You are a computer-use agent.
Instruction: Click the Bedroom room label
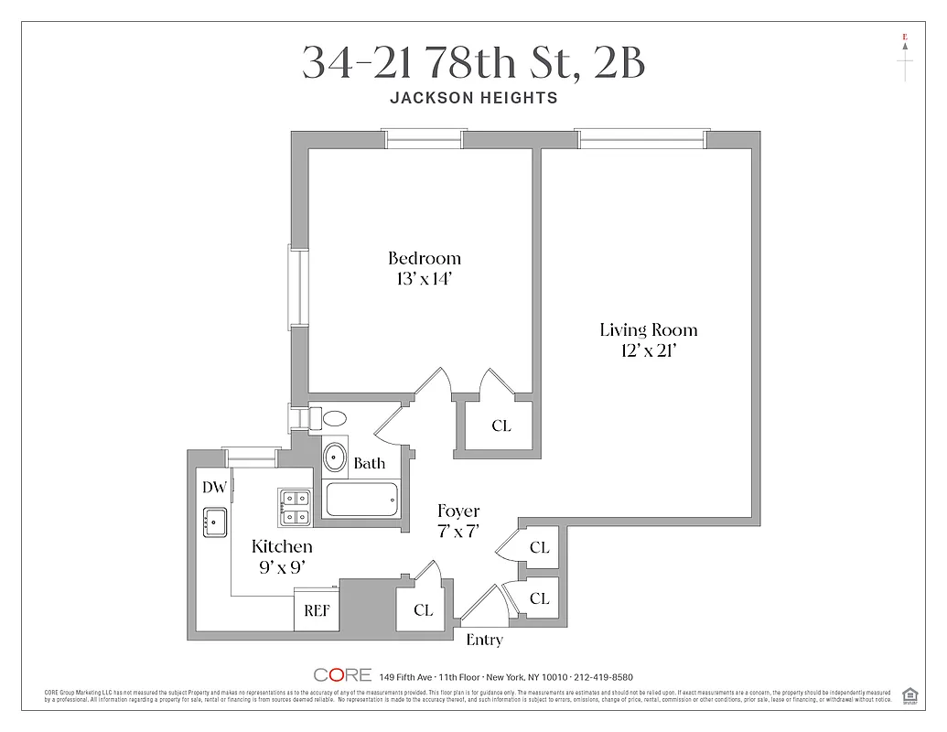(424, 258)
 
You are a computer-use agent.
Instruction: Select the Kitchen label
(282, 546)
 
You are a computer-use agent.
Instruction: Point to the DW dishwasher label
(213, 488)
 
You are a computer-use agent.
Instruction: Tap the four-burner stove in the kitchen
(296, 507)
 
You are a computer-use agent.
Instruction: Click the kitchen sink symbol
(214, 522)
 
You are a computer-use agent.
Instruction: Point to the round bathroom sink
(336, 455)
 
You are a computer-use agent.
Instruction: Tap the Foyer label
(457, 511)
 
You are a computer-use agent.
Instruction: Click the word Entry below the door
(484, 640)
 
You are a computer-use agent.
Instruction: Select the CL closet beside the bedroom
(500, 425)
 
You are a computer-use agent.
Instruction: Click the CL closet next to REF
(423, 610)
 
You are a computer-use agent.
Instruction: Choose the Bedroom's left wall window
(297, 286)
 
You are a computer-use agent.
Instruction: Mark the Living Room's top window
(642, 138)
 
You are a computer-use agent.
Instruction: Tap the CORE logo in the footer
(342, 674)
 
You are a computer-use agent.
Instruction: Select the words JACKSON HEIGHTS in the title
(473, 98)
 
